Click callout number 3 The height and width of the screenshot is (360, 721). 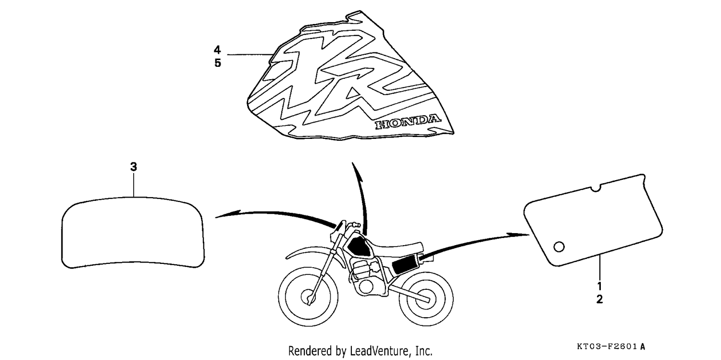134,167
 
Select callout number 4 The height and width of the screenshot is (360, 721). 218,50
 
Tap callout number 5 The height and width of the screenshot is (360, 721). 218,63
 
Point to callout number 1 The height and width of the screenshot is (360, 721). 599,286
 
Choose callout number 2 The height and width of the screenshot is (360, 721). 599,299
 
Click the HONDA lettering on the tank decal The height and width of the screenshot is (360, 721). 408,122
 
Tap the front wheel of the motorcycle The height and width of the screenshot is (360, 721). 308,296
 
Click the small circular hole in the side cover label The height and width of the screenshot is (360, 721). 559,247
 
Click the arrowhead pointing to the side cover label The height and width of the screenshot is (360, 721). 518,235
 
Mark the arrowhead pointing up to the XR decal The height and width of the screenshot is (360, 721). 356,172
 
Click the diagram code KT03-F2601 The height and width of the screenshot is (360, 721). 607,347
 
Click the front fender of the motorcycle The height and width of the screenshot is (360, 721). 309,251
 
